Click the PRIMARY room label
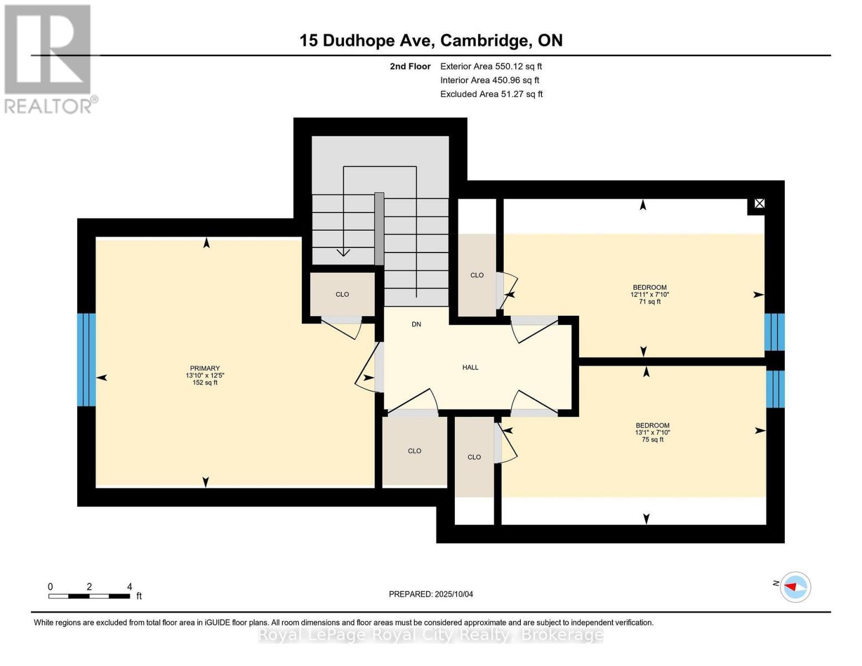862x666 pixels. pyautogui.click(x=205, y=368)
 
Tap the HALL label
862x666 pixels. pyautogui.click(x=470, y=367)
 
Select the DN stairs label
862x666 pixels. pyautogui.click(x=416, y=324)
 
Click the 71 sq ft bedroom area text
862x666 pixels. pyautogui.click(x=650, y=302)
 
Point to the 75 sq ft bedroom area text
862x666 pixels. pyautogui.click(x=652, y=440)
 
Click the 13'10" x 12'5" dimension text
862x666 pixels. pyautogui.click(x=205, y=375)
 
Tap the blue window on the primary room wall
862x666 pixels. pyautogui.click(x=87, y=360)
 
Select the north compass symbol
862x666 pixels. pyautogui.click(x=795, y=587)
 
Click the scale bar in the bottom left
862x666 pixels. pyautogui.click(x=89, y=596)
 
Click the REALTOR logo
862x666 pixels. pyautogui.click(x=49, y=58)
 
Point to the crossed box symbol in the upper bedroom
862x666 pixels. pyautogui.click(x=759, y=204)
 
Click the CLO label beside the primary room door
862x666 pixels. pyautogui.click(x=342, y=294)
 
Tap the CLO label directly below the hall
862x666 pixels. pyautogui.click(x=414, y=451)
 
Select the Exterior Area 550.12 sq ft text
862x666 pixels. pyautogui.click(x=491, y=66)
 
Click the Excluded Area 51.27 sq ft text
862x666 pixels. pyautogui.click(x=491, y=94)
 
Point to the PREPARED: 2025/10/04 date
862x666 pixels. pyautogui.click(x=431, y=594)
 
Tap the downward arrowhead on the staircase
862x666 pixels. pyautogui.click(x=343, y=253)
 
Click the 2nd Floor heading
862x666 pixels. pyautogui.click(x=410, y=66)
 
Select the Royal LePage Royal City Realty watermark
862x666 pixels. pyautogui.click(x=431, y=635)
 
